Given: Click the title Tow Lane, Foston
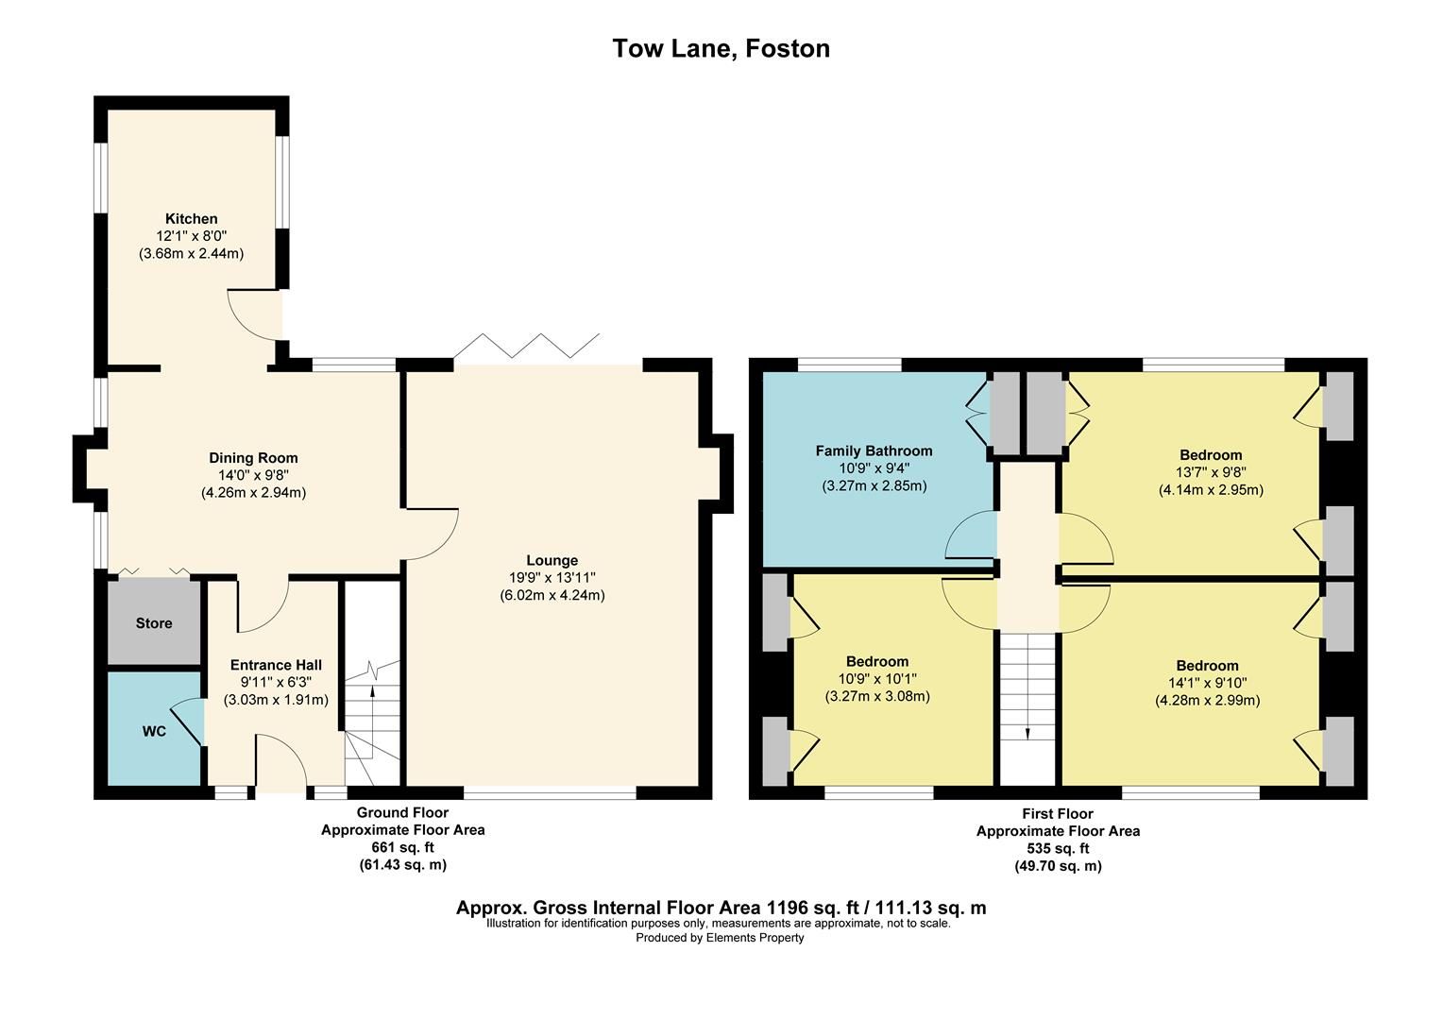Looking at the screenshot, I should (x=721, y=48).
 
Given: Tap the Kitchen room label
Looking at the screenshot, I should (x=191, y=219).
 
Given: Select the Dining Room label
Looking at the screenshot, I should (x=253, y=458).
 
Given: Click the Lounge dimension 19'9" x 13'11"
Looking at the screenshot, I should (x=552, y=578).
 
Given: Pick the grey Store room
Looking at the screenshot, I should (x=154, y=623).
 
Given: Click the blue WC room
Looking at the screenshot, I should (x=154, y=731).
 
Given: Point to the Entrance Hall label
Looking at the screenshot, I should (x=276, y=665).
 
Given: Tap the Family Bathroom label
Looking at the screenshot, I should (x=874, y=451).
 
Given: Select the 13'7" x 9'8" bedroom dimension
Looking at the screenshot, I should (x=1211, y=472).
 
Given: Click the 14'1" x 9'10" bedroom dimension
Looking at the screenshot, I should (x=1207, y=683).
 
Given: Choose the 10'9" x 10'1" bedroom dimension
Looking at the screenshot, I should (x=876, y=679).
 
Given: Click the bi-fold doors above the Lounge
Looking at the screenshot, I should (x=526, y=348).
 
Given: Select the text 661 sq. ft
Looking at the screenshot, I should (x=402, y=848).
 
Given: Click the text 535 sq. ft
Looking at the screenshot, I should (x=1058, y=849).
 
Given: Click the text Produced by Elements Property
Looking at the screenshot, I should (x=720, y=938).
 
